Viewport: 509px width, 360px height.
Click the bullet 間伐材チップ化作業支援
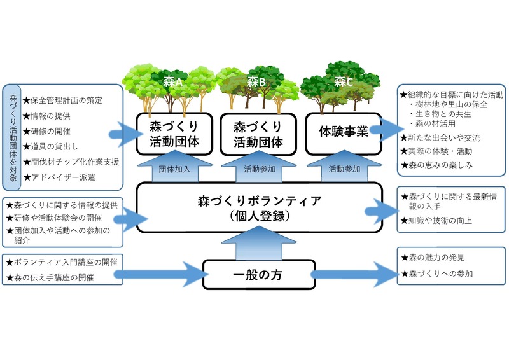[x=71, y=162]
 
